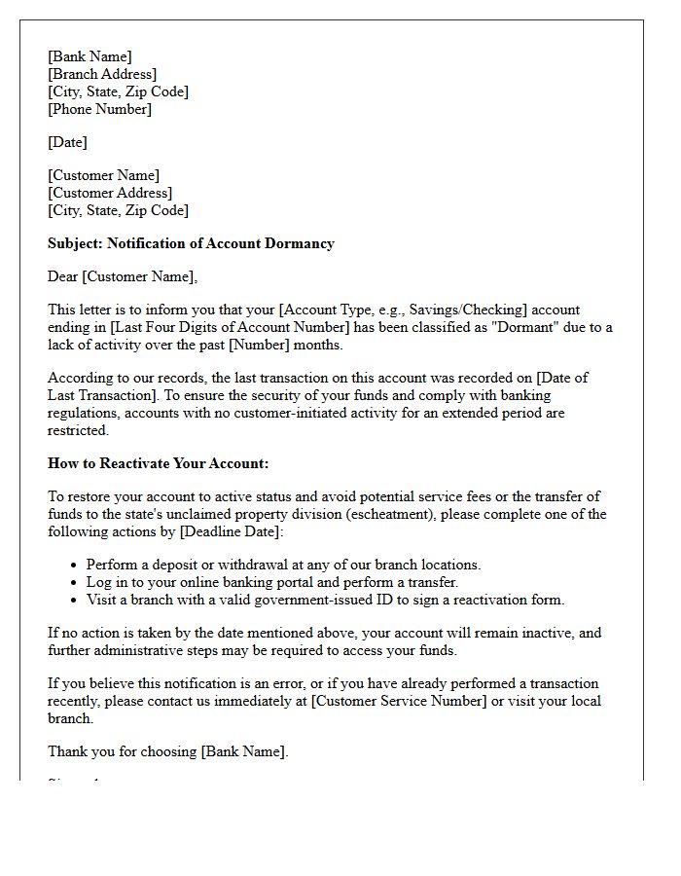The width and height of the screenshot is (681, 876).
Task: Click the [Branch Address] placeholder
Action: [x=102, y=74]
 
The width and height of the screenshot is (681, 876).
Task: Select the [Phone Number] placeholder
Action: [x=100, y=109]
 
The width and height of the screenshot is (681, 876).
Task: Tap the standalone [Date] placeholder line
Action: [x=67, y=142]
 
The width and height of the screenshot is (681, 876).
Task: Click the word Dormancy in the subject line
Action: [x=298, y=243]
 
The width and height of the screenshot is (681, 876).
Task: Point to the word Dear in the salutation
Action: [x=63, y=276]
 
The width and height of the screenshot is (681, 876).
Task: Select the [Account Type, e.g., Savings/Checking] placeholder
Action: [x=403, y=310]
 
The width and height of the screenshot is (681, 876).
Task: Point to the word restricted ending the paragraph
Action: [x=79, y=430]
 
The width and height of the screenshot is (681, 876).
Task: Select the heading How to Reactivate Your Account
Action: [x=159, y=463]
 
